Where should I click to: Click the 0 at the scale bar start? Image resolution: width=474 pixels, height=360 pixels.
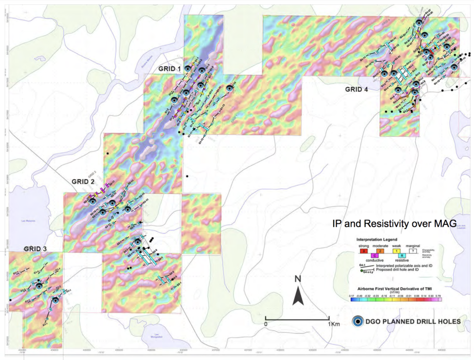(266, 324)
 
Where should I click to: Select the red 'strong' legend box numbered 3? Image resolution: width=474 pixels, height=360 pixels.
(364, 251)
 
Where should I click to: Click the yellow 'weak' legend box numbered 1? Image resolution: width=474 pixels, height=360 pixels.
(397, 251)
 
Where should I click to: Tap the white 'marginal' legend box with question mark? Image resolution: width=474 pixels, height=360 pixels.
(412, 251)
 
